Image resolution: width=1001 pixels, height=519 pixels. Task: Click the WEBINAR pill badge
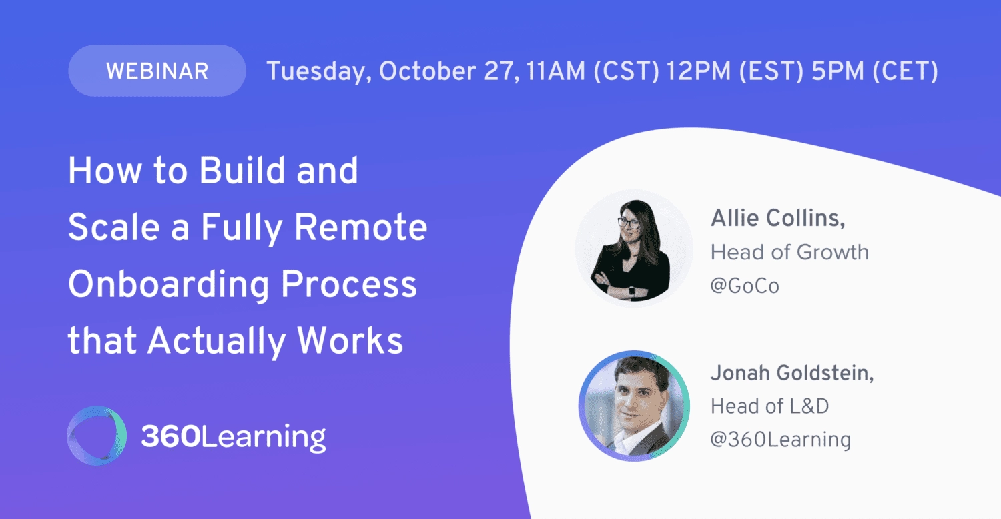tap(157, 71)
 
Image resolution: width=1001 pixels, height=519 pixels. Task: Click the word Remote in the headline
tap(360, 228)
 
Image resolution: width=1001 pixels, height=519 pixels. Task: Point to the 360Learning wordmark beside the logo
tap(233, 437)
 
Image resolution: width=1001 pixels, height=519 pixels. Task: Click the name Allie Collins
tap(777, 218)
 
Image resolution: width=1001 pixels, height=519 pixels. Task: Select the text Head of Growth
tap(789, 252)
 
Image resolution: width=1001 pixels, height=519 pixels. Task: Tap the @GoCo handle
tap(745, 286)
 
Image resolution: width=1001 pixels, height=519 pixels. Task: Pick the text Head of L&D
tap(769, 406)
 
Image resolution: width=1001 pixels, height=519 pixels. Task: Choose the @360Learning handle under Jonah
tap(780, 440)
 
